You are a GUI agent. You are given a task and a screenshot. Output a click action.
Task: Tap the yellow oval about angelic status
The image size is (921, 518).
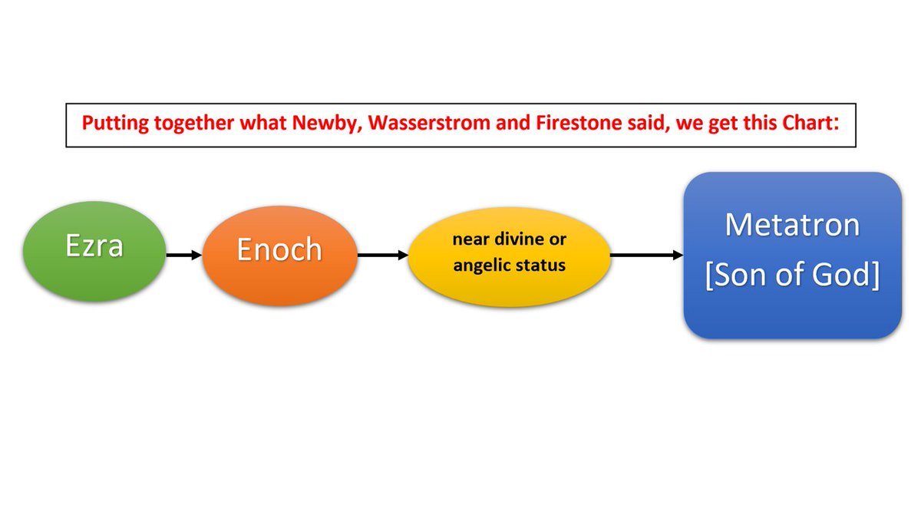510,253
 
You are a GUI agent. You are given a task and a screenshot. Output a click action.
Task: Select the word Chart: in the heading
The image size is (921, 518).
808,124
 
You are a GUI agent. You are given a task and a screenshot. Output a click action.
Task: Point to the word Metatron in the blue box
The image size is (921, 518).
792,224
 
